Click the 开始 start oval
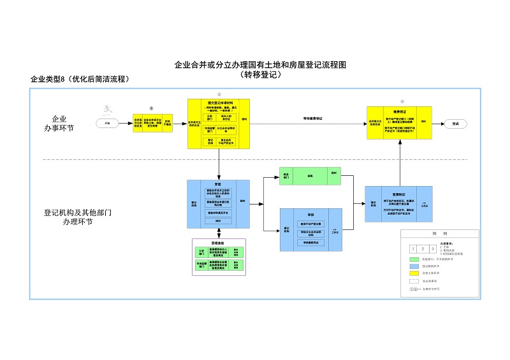[x=107, y=124]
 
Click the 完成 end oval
[x=455, y=124]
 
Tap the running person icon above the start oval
[x=110, y=109]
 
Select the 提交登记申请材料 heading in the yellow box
[x=219, y=103]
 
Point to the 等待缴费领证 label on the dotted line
[x=312, y=118]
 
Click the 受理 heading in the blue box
[x=218, y=182]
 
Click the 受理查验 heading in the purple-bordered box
[x=219, y=243]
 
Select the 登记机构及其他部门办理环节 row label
[x=78, y=218]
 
